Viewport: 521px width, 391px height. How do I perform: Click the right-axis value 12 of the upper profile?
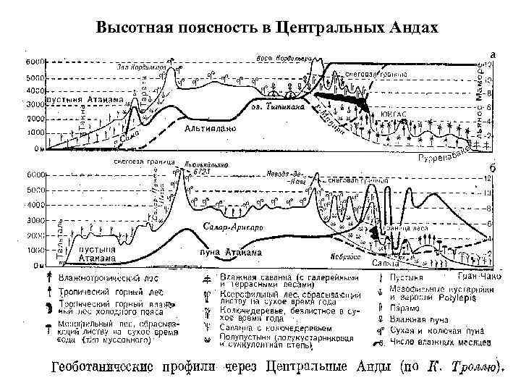(488, 64)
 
